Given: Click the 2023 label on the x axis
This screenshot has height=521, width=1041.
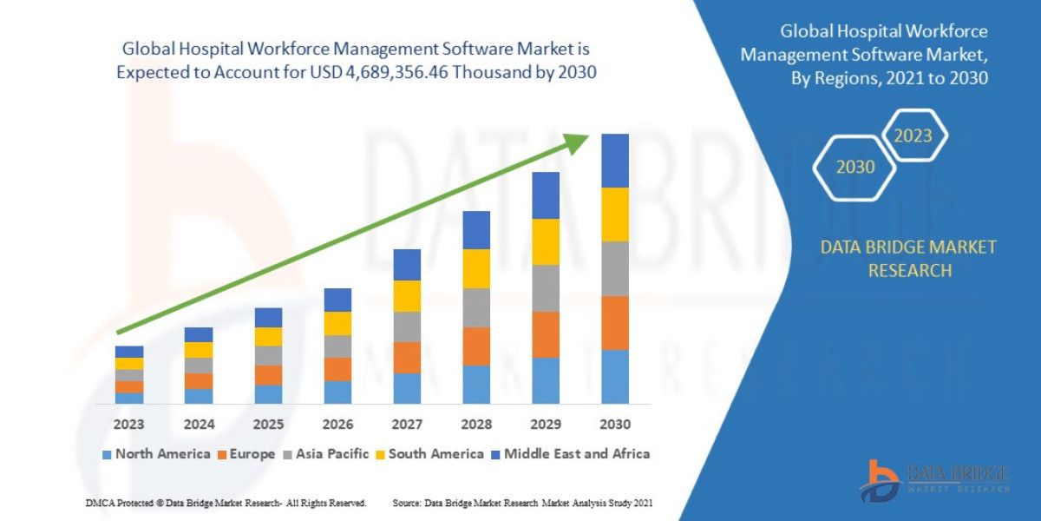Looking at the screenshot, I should (128, 425).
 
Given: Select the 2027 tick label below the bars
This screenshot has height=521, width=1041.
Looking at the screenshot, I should (407, 425).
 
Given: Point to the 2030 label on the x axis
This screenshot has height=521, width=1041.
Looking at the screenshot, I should (614, 425).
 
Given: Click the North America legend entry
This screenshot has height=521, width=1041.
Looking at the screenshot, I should (156, 453).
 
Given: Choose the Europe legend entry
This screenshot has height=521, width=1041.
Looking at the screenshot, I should (246, 453).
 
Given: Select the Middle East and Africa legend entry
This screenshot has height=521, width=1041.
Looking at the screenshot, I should (570, 453).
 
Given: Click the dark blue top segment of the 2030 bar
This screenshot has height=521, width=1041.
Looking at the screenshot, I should (615, 161).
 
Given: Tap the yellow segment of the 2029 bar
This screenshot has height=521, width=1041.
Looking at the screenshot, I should (546, 241).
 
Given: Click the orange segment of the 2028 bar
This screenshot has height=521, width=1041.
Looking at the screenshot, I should (476, 346).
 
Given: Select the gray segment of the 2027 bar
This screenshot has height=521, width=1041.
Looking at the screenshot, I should (407, 326).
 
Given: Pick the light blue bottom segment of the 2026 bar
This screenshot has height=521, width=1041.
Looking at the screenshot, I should (337, 392).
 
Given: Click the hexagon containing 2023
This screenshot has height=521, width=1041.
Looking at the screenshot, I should (913, 135).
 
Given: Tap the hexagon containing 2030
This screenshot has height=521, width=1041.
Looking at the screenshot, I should (854, 167).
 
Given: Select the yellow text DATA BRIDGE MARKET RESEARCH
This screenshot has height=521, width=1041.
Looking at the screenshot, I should (908, 259).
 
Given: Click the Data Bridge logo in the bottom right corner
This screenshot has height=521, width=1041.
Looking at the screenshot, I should (934, 480).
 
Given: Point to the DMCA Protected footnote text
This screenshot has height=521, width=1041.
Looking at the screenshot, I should (226, 503).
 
